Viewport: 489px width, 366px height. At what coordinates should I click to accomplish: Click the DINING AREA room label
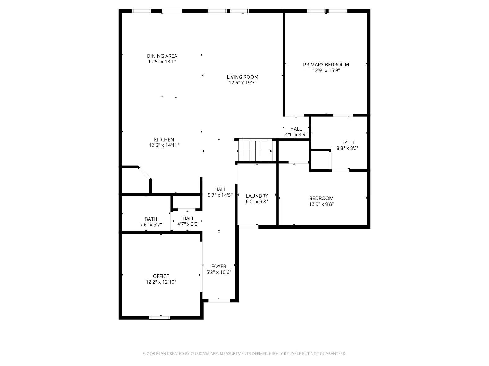pos(162,56)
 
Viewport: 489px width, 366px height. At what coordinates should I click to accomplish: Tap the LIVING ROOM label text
pos(242,77)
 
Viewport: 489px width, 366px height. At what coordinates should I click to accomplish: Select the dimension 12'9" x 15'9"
pos(326,70)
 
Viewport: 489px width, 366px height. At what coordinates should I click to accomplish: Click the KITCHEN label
pos(164,140)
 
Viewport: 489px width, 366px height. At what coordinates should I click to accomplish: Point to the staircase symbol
pos(255,151)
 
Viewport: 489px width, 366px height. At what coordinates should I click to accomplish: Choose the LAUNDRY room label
pos(257,196)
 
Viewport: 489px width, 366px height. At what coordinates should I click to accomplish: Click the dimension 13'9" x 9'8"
pos(321,204)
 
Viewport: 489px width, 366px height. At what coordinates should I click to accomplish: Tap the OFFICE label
pos(161,276)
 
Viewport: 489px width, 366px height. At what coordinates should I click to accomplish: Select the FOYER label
pos(219,267)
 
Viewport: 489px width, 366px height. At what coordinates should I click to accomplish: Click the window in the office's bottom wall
pos(160,318)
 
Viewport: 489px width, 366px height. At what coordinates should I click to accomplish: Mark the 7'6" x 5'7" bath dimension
pos(151,225)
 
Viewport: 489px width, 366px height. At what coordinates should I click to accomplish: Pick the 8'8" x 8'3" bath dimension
pos(347,148)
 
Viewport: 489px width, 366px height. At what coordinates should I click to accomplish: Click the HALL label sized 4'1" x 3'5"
pos(296,129)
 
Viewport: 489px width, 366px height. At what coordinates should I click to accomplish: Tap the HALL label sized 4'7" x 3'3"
pos(188,218)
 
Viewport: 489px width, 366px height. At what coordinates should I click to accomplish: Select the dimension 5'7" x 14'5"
pos(220,195)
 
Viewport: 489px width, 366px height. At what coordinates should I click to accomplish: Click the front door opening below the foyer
pos(219,300)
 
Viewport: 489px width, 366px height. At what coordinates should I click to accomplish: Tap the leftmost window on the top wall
pos(141,11)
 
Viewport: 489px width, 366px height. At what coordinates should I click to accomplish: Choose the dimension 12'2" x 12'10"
pos(161,282)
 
